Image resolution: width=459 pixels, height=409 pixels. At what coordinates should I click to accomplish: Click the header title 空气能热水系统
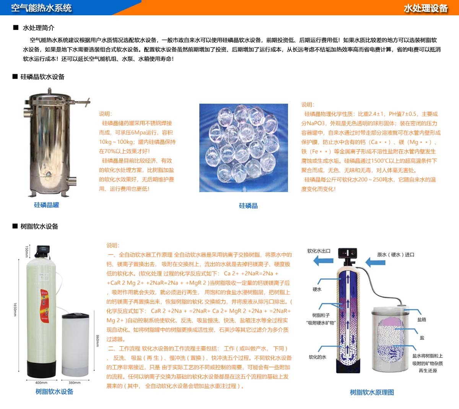[41, 8]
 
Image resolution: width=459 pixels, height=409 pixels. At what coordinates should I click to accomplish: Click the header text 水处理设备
[426, 8]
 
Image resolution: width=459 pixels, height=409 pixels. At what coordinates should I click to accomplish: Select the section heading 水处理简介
[39, 28]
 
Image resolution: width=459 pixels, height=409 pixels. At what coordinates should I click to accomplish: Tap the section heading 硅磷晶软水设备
[42, 77]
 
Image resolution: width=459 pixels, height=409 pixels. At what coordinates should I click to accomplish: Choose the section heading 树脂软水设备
[39, 226]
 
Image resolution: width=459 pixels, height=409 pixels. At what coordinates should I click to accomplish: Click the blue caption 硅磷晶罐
[46, 205]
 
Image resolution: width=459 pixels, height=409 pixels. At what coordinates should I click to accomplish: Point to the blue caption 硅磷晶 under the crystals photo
[248, 205]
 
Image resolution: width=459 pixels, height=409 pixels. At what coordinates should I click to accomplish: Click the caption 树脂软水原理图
[372, 392]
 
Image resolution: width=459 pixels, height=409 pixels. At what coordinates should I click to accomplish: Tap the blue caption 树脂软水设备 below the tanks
[54, 391]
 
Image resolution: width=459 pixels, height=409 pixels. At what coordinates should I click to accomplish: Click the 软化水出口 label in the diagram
[319, 251]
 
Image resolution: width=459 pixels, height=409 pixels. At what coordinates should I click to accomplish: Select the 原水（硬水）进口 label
[396, 255]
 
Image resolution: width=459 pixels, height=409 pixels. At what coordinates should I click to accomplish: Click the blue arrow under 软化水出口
[323, 261]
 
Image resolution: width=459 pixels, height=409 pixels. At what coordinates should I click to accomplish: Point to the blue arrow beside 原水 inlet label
[375, 262]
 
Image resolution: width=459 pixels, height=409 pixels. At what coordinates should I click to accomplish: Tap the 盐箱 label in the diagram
[422, 319]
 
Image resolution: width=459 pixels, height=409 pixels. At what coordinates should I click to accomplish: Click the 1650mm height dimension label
[15, 309]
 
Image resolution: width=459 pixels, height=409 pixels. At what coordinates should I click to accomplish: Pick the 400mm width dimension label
[41, 383]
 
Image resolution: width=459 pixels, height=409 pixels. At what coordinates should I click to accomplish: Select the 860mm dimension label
[98, 341]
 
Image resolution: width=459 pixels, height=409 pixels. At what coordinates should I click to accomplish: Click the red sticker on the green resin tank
[45, 306]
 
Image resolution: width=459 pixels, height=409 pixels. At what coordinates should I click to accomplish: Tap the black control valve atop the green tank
[43, 251]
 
